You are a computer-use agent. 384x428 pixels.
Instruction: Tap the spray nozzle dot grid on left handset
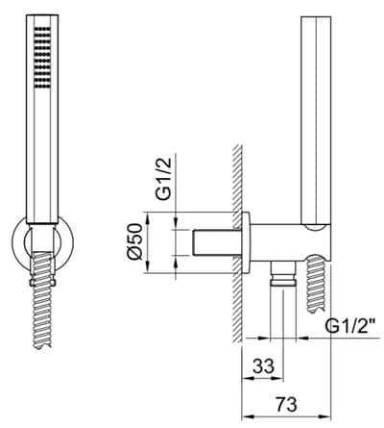(x=38, y=57)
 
